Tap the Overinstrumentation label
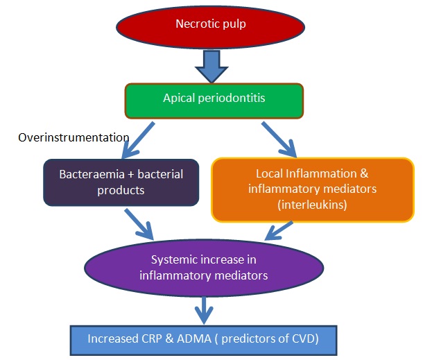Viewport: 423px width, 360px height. (74, 137)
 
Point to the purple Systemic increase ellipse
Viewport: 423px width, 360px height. (204, 267)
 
